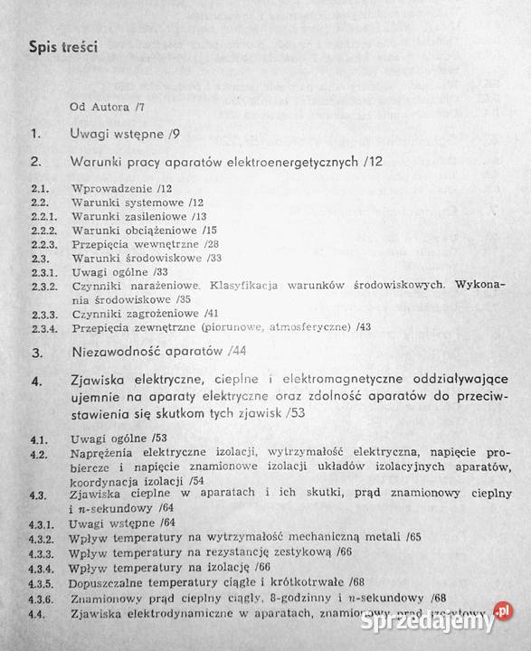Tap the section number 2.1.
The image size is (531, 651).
point(39,188)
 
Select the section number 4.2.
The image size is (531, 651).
point(38,453)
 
